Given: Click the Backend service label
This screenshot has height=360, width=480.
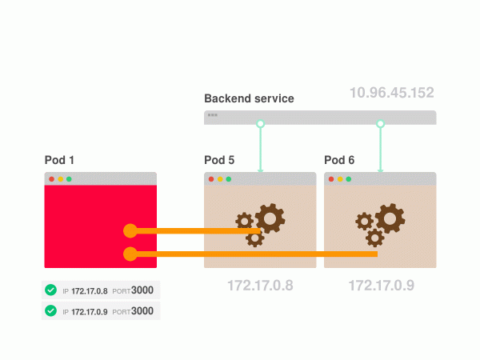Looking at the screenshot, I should (x=249, y=98).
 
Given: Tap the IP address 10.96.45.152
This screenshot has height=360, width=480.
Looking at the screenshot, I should (x=391, y=93).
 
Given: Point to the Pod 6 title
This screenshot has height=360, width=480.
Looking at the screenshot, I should (x=339, y=160).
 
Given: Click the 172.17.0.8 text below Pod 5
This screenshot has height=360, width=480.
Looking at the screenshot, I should (x=260, y=285).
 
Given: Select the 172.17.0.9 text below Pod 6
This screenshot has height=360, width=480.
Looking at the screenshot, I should (x=381, y=285).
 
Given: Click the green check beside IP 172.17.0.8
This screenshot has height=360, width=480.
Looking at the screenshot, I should (x=51, y=290).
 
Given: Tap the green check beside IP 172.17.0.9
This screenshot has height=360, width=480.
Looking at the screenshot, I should (x=51, y=310).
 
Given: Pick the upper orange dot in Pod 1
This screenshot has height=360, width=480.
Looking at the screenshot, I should (x=130, y=231).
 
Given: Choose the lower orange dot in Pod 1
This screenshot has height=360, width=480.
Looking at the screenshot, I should (x=130, y=254).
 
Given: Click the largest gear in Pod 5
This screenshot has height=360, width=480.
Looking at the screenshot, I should (x=270, y=217).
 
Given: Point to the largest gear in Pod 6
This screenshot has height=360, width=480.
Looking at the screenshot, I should (x=390, y=217).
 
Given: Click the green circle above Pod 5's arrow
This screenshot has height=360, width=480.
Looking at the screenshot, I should (x=260, y=124).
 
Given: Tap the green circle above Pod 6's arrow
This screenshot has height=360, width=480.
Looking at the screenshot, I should (x=381, y=124).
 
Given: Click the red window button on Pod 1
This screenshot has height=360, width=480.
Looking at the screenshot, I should (x=52, y=179).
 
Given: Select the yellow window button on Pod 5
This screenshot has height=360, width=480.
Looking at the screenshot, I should (x=220, y=179).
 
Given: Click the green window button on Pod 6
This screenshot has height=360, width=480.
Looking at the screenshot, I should (x=349, y=179).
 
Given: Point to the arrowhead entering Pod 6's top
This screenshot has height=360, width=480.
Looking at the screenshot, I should (x=381, y=169).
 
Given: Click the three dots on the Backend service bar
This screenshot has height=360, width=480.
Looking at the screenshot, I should (x=212, y=115).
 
